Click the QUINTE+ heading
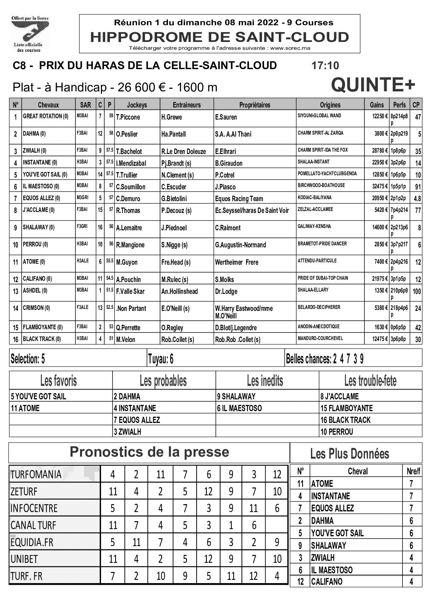(373, 85)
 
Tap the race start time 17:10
(325, 66)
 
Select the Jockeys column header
(137, 105)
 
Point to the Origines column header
(330, 105)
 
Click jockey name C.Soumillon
(131, 187)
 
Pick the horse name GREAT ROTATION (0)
(46, 116)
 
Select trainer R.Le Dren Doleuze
(183, 152)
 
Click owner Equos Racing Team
(239, 199)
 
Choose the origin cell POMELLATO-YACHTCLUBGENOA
(327, 174)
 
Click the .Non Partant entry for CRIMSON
(131, 309)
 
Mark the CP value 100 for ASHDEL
(417, 291)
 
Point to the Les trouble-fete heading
(370, 381)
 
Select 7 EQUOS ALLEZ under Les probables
(137, 420)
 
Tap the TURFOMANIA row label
(36, 475)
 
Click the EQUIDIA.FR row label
(32, 542)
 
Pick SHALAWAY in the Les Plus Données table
(328, 546)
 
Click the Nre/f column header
(413, 471)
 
